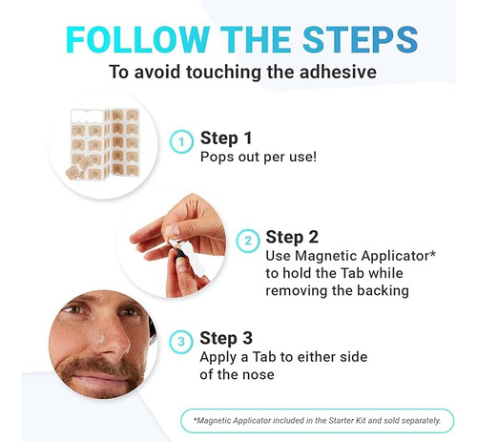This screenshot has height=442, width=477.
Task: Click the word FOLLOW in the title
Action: click(x=137, y=39)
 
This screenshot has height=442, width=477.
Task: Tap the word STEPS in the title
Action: click(x=360, y=39)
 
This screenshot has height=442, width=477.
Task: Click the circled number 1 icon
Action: click(x=181, y=142)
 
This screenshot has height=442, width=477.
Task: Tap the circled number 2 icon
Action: click(x=248, y=241)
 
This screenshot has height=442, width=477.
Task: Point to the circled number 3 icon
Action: click(x=181, y=342)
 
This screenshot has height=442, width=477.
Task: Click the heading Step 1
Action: click(x=226, y=138)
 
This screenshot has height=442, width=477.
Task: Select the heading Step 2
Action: click(x=292, y=238)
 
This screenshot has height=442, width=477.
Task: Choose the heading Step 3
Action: click(x=226, y=338)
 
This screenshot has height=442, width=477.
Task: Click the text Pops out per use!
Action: click(x=259, y=157)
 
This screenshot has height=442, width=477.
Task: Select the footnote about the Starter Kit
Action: click(x=317, y=421)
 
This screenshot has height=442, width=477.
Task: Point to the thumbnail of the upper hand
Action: click(x=174, y=229)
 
